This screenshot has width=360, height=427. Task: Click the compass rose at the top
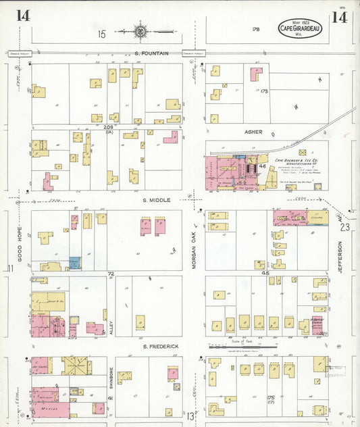click(141, 30)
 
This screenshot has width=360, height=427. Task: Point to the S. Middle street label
click(156, 200)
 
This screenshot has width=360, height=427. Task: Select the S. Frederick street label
click(159, 346)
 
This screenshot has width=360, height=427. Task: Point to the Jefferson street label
click(340, 257)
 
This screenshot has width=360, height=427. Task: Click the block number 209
click(108, 126)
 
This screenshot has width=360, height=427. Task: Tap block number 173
click(264, 90)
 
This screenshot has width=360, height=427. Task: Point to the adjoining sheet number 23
click(345, 228)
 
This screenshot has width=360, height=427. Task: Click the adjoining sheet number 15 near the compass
click(102, 33)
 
